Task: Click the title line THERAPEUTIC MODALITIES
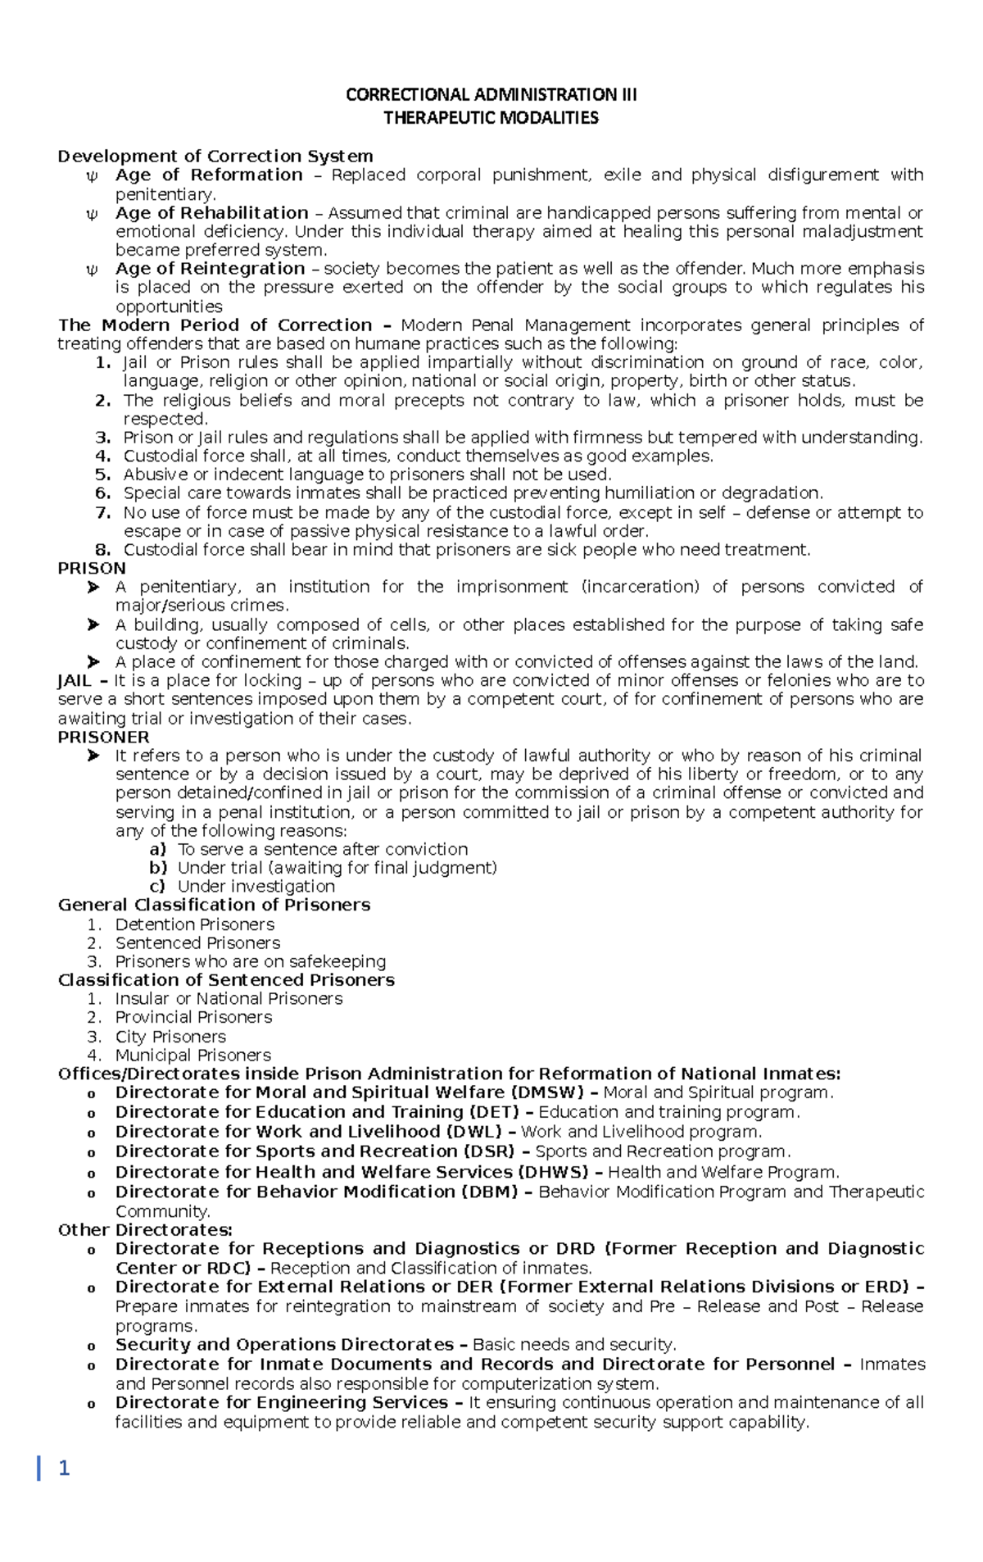click(x=491, y=118)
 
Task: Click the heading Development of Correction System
click(x=215, y=156)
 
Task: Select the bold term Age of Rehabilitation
click(x=211, y=213)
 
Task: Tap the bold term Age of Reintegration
click(x=210, y=269)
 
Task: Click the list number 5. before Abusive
click(x=102, y=475)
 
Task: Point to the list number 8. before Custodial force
click(x=102, y=550)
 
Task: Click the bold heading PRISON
click(x=92, y=568)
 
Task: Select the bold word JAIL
click(x=75, y=680)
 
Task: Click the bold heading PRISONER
click(x=103, y=737)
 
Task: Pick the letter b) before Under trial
click(x=158, y=867)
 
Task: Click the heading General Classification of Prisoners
click(x=214, y=905)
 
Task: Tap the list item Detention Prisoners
click(x=195, y=924)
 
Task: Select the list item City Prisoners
click(x=170, y=1037)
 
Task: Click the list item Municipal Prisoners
click(x=193, y=1056)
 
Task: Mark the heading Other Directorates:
click(x=145, y=1230)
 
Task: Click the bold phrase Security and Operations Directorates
click(x=284, y=1345)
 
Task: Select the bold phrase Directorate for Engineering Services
click(x=281, y=1402)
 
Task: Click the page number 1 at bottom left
click(x=64, y=1468)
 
